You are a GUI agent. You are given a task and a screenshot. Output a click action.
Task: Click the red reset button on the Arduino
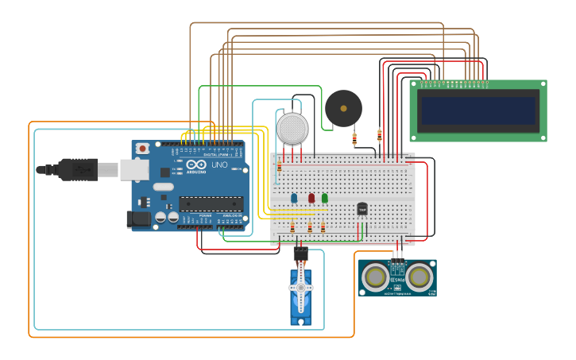pos(142,148)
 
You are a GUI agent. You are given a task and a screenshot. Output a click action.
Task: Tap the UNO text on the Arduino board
pos(220,165)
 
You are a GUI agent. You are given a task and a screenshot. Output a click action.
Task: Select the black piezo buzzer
pos(343,108)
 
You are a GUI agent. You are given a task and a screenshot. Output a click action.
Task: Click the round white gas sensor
pos(292,128)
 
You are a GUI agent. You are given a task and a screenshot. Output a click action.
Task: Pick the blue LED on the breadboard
pos(294,198)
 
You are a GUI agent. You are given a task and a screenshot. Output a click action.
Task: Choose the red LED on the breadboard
pos(311,198)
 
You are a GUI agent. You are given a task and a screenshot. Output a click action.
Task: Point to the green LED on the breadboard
pos(324,198)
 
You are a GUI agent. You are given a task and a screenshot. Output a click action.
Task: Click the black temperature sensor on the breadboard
pos(362,209)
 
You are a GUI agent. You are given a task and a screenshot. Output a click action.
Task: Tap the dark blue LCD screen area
pos(478,110)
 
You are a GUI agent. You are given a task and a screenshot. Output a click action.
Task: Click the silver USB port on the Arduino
pos(134,169)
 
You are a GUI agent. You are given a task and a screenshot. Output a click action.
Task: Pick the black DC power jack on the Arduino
pos(138,219)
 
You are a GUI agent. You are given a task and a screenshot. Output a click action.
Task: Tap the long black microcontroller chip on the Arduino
pos(211,204)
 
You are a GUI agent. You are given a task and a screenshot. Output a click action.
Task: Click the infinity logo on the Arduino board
pos(196,165)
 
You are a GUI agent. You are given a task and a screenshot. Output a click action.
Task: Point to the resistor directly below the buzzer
pos(354,139)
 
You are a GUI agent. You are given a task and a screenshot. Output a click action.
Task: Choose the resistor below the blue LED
pos(292,227)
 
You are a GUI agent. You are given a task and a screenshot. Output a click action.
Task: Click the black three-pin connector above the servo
pos(300,254)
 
